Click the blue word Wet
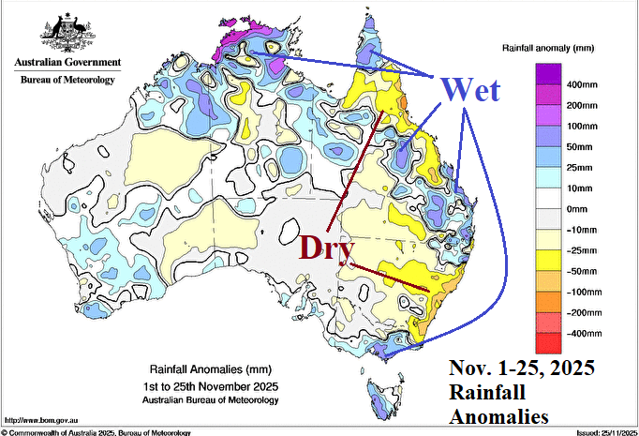point(470,90)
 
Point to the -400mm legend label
point(585,334)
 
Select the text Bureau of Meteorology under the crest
point(67,80)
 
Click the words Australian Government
point(67,63)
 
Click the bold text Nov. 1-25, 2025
point(522,368)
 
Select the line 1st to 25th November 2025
point(210,386)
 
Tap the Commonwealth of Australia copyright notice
point(97,431)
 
